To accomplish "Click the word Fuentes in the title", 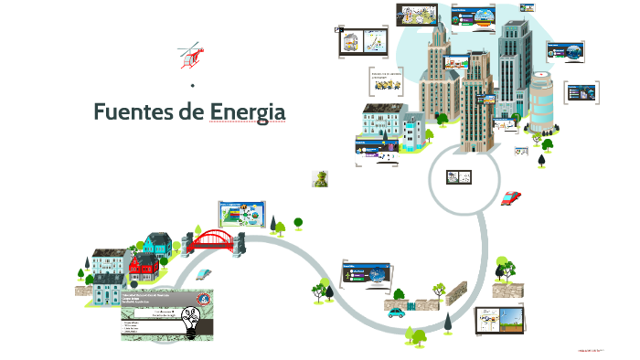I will pos(136,112).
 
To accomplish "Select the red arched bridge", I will pos(217,240).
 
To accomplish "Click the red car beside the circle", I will pos(512,197).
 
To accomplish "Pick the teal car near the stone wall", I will pos(396,312).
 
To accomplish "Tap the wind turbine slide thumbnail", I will pos(499,321).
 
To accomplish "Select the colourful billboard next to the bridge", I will pos(242,214).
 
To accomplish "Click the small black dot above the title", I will pos(193,86).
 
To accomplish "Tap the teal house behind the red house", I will pos(157,244).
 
